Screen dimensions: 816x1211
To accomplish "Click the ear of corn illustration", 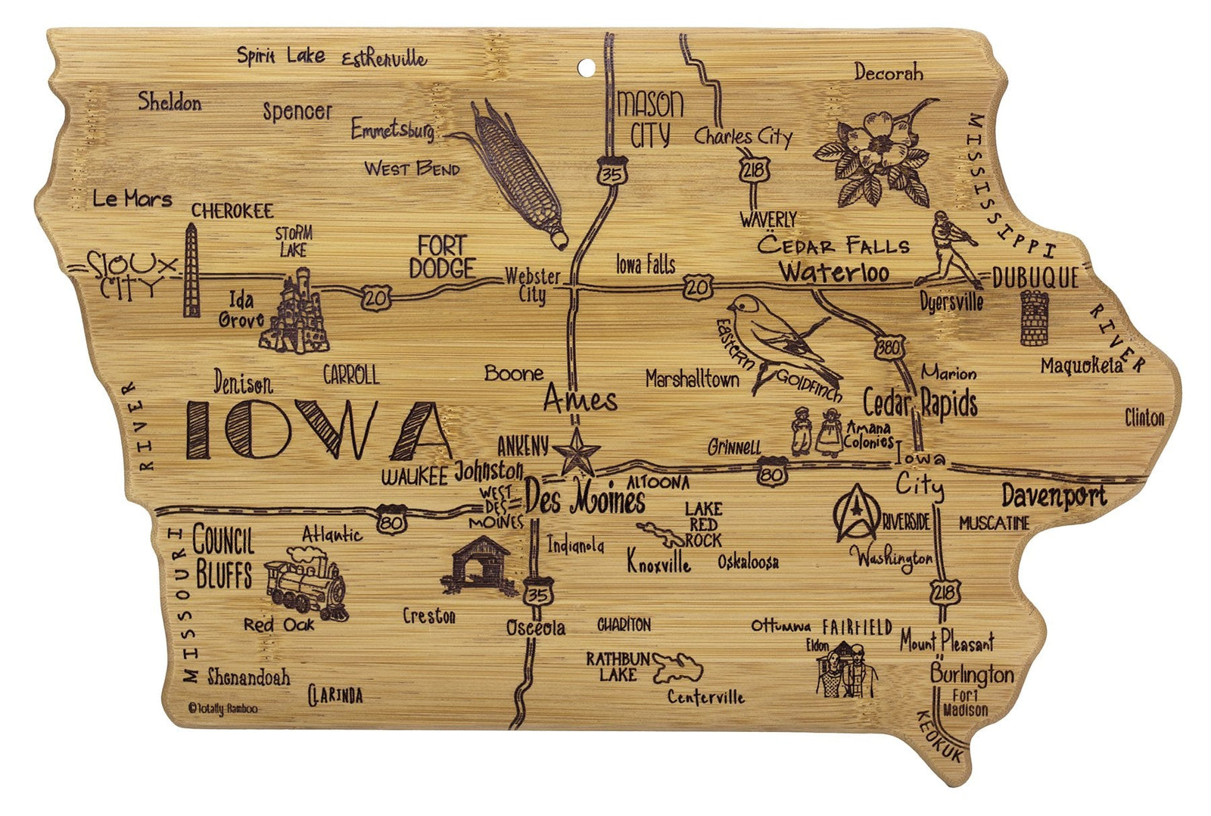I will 519,173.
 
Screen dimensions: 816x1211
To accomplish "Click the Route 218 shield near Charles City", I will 754,170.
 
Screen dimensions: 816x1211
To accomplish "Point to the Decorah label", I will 889,73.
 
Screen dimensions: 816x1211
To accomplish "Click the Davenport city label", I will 1054,496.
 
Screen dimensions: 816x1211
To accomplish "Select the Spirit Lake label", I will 281,55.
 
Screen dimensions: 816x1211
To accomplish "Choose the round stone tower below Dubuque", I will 1034,318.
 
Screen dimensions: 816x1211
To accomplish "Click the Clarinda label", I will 335,695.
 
